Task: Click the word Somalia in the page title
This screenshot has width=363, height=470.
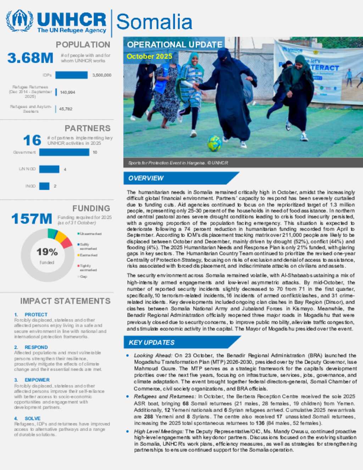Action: [x=154, y=22]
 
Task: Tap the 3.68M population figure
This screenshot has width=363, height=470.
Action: [x=30, y=58]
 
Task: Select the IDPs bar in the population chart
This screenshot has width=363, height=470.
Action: [x=71, y=75]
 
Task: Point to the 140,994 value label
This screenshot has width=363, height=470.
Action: [x=67, y=92]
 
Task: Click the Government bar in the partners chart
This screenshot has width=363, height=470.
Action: [x=64, y=152]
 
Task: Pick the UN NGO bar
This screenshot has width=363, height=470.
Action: [x=49, y=169]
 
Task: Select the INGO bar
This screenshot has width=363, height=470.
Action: [x=44, y=186]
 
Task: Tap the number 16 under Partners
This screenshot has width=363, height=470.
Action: [x=32, y=140]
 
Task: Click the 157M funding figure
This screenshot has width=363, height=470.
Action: [x=32, y=219]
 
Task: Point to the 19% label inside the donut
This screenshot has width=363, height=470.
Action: [x=47, y=252]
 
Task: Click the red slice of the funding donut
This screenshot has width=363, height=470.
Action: [x=66, y=243]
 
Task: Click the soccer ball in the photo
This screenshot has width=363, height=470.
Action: [x=214, y=143]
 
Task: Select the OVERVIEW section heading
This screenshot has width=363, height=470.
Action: [x=146, y=178]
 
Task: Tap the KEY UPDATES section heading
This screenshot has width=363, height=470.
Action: [x=152, y=342]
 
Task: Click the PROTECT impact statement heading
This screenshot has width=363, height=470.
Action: [x=36, y=315]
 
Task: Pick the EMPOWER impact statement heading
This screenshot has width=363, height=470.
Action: [x=37, y=380]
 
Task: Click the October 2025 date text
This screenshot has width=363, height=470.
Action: [x=149, y=56]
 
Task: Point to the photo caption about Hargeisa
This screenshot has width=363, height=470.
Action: [x=178, y=163]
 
